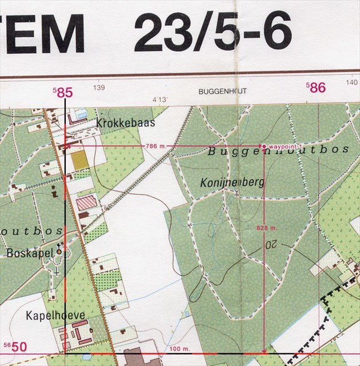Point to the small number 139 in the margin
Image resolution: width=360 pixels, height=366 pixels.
coord(99,88)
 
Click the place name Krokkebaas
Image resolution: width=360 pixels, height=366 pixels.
coord(126,122)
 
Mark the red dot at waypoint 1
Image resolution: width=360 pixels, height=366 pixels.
coord(263,145)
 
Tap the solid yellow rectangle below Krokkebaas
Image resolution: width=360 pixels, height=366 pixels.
coord(81,159)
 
